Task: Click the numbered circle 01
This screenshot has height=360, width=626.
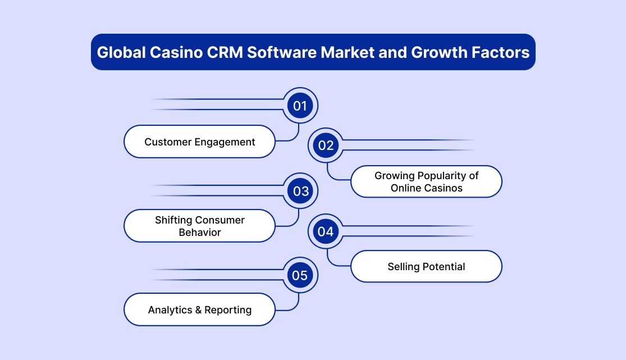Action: (300, 106)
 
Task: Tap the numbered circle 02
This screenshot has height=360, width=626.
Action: (326, 145)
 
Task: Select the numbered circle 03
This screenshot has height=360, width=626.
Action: (300, 191)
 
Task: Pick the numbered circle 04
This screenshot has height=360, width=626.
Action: (326, 231)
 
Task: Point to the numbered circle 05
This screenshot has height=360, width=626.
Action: (300, 275)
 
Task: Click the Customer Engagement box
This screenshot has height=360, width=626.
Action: (200, 142)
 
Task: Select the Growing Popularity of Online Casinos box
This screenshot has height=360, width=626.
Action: (426, 181)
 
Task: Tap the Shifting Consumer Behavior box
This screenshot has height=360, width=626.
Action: (200, 226)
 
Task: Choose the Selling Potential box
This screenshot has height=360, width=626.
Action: (426, 267)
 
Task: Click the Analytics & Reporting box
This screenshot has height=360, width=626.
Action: (200, 309)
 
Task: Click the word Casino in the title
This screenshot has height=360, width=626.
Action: (176, 52)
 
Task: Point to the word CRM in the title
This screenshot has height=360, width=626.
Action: (225, 52)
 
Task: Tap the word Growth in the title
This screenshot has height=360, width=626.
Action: (439, 52)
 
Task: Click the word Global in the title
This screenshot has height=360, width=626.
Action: (121, 53)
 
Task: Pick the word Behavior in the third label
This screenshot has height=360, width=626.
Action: (200, 232)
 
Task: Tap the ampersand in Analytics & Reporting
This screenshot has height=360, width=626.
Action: (198, 310)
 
